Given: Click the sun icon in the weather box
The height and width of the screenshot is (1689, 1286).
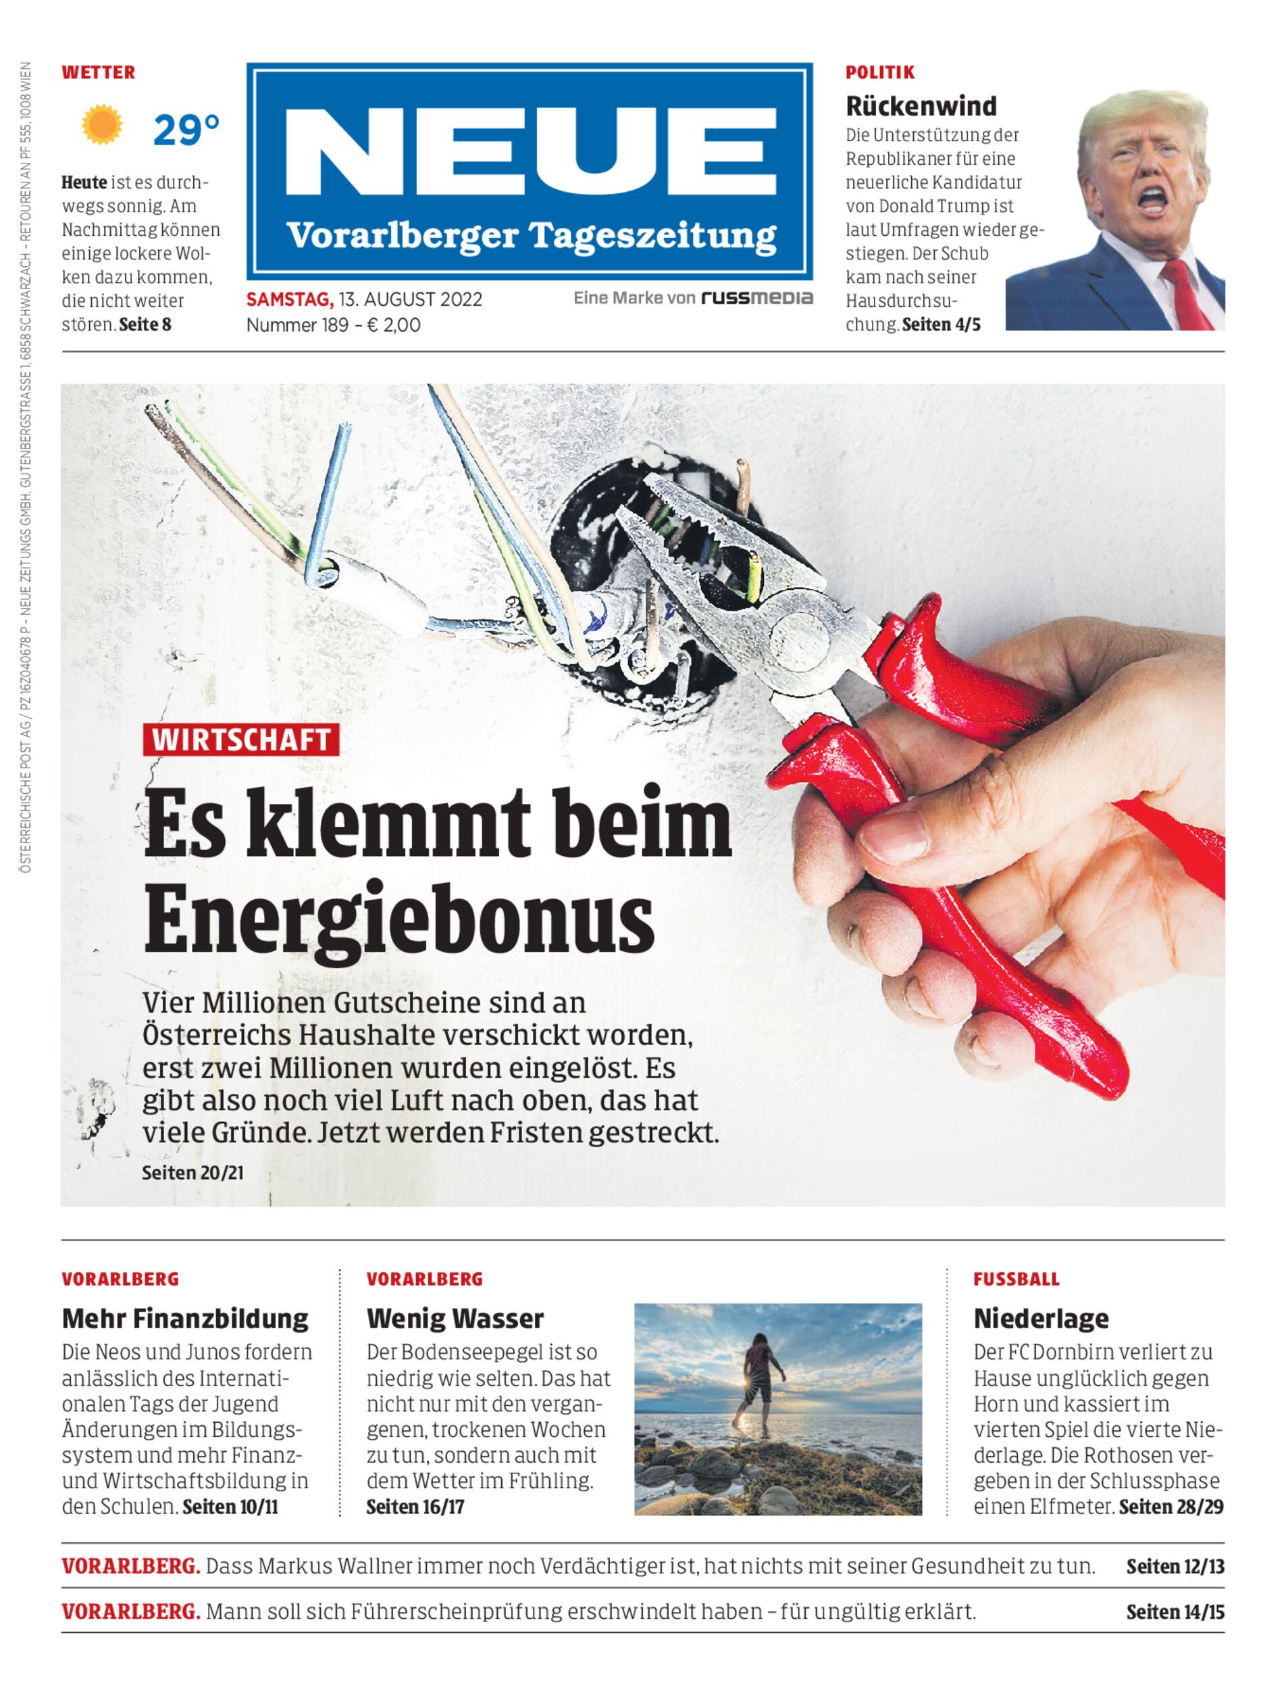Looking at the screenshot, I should click(103, 126).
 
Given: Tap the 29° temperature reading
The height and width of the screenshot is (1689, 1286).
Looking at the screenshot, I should click(185, 130).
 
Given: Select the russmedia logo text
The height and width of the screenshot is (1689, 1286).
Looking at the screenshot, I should click(758, 298).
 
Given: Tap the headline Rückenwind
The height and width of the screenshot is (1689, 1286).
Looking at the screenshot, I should click(921, 105).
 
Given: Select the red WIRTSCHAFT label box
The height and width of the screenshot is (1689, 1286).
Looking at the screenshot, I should click(240, 740).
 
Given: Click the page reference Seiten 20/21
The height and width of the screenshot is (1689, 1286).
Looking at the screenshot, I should click(193, 1172).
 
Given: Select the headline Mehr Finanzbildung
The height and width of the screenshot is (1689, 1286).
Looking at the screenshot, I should click(185, 1318).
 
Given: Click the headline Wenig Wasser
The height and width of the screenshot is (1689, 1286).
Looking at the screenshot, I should click(455, 1318).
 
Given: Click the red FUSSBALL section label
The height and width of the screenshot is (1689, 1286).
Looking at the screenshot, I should click(1016, 1280).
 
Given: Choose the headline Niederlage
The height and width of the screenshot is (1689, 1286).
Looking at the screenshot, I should click(1040, 1318).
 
